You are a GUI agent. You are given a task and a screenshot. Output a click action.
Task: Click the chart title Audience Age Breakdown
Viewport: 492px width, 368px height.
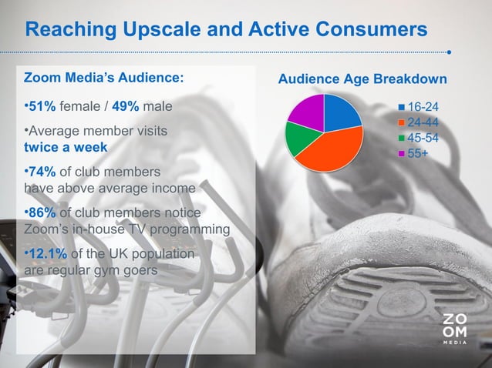(x=362, y=80)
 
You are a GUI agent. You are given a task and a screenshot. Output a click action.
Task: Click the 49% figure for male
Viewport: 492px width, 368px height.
(x=125, y=105)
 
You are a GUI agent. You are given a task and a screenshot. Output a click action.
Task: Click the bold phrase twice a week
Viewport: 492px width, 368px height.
(x=66, y=146)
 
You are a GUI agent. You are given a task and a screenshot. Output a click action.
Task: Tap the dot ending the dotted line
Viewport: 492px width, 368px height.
(x=450, y=53)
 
